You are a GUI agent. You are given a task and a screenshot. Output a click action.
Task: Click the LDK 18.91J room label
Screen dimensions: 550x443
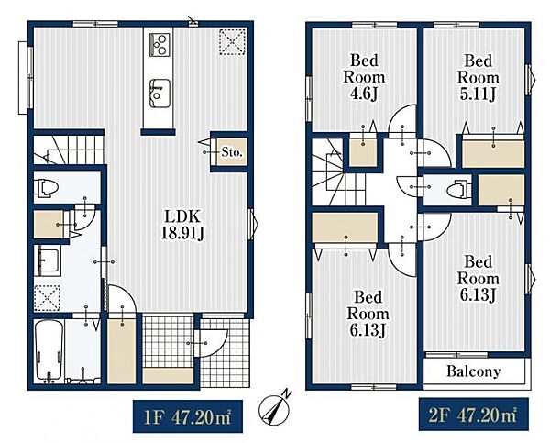click(182, 225)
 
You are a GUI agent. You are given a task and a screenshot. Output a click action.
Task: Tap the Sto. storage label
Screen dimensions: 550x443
click(232, 152)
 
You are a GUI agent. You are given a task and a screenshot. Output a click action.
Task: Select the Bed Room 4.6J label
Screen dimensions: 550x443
click(364, 77)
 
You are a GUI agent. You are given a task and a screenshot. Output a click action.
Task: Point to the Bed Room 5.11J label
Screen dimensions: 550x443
click(478, 77)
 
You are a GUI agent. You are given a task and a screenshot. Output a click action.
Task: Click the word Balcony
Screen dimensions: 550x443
click(473, 371)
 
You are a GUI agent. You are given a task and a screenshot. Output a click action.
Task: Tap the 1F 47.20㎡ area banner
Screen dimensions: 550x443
click(188, 416)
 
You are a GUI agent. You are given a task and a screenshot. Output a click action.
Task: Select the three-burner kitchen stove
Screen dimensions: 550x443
click(159, 45)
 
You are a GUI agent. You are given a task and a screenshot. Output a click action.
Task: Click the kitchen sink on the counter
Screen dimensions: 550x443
click(159, 94)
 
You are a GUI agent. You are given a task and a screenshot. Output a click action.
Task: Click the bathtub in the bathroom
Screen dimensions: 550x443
click(49, 350)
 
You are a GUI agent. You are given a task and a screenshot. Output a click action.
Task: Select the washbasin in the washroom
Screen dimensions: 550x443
click(48, 260)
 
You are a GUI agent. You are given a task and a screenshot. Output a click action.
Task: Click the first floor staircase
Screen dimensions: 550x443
click(69, 150)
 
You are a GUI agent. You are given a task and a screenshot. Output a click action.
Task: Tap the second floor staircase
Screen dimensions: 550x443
click(337, 172)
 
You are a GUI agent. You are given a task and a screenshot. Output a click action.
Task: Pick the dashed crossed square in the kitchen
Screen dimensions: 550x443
click(232, 42)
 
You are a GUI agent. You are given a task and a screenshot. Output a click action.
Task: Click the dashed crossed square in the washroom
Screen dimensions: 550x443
click(47, 298)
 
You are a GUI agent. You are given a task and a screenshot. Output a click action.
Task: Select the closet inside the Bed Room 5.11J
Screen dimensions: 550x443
click(493, 154)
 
